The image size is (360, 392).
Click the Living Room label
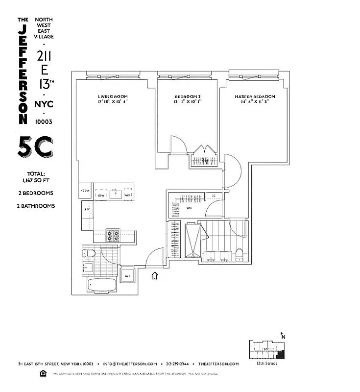coord(113,97)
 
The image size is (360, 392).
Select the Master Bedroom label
coord(254,97)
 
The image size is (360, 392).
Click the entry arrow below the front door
coord(155,276)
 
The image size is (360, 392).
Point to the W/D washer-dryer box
coord(127,275)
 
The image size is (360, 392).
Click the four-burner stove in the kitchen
coord(113,236)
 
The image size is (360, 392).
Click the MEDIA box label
coord(85,192)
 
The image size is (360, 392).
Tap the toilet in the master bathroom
coord(240,253)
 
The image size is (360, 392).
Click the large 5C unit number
coord(35,147)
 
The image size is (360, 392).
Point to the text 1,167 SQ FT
coord(35,180)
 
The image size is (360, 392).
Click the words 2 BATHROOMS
coord(35,206)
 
